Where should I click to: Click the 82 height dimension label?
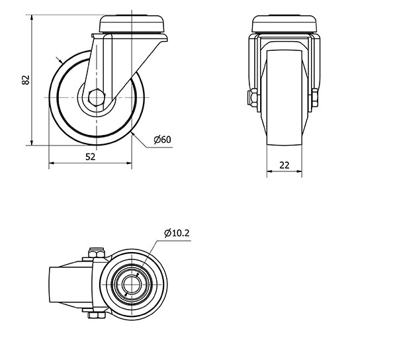(26, 80)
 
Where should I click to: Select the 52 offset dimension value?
(91, 157)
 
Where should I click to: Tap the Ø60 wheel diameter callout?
(163, 140)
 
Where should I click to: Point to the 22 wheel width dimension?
(285, 165)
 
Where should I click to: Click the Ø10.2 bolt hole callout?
(177, 233)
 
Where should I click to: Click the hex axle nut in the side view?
(97, 97)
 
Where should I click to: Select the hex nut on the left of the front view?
(252, 97)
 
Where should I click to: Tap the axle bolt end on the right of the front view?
(315, 97)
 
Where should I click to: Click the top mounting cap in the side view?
(132, 24)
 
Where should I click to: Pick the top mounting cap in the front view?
(285, 24)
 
